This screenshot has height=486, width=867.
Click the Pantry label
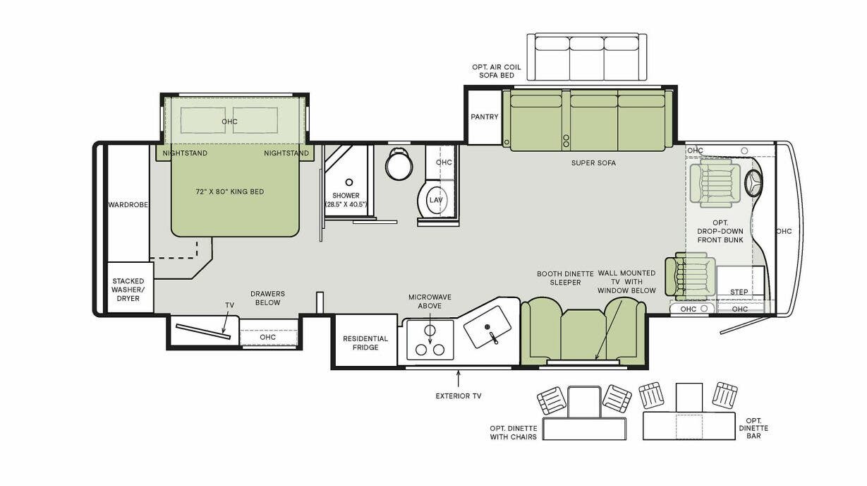coord(485,117)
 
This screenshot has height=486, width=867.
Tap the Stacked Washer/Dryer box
coord(128,289)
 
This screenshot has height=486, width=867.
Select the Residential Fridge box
coord(365,343)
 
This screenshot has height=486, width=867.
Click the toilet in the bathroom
coord(399,165)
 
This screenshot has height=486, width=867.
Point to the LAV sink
coord(435,200)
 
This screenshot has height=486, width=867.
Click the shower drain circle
coord(348,182)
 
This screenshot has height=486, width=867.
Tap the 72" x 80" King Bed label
coord(229,191)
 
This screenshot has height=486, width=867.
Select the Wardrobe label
coord(128,205)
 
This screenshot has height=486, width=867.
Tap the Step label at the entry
coord(739,292)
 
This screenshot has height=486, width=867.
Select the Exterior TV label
coord(458,396)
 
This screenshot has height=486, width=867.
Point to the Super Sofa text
coord(593,163)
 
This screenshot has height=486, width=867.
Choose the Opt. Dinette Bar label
coord(754,428)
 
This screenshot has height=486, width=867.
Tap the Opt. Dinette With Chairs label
coord(513,432)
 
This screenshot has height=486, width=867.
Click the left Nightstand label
coord(185,153)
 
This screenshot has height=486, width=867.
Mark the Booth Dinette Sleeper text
coord(559,278)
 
